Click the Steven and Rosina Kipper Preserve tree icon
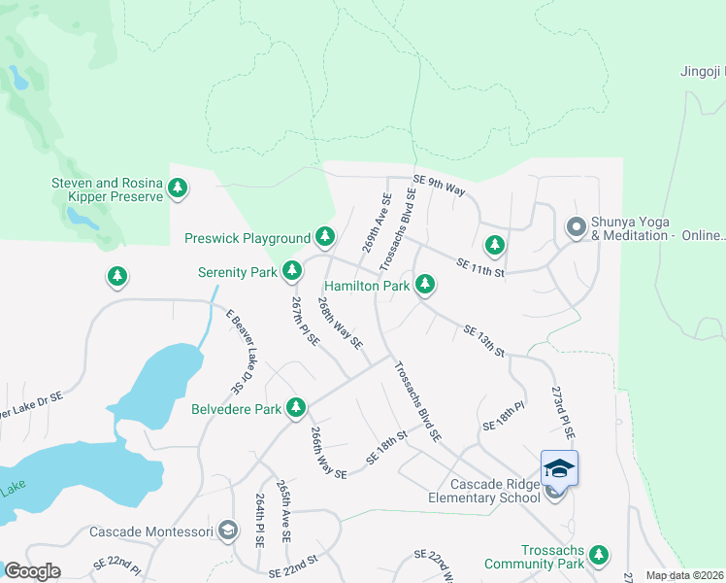click(x=178, y=189)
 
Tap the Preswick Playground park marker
click(x=325, y=237)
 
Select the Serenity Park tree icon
click(x=291, y=272)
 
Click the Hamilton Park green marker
click(x=424, y=285)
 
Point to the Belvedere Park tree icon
click(x=296, y=408)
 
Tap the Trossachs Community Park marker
click(x=599, y=555)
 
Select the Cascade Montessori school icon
click(x=227, y=531)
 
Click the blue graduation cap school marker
click(x=559, y=468)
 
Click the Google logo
click(x=32, y=571)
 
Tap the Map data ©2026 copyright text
click(x=684, y=575)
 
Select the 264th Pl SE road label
click(x=260, y=520)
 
